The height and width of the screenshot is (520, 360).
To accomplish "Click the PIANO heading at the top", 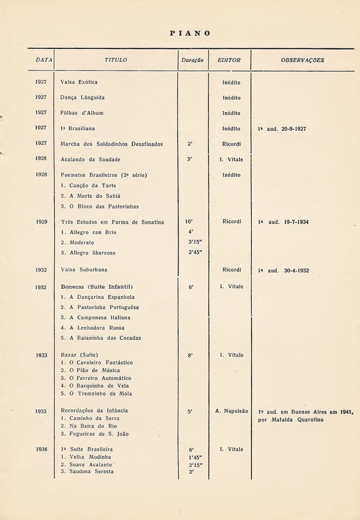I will click(190, 34).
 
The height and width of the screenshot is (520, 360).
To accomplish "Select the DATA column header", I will click(43, 60).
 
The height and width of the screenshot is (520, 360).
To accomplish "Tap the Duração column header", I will click(191, 60).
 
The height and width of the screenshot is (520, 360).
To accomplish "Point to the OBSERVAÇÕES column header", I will click(302, 60).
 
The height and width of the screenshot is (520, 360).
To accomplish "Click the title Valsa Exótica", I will click(79, 82).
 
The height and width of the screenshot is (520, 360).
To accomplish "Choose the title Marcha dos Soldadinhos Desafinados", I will click(112, 144).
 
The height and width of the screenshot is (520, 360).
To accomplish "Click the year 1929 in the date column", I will click(41, 222).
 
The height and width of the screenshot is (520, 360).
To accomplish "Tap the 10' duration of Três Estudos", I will click(190, 222).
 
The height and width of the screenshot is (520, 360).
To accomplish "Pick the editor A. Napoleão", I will click(231, 411).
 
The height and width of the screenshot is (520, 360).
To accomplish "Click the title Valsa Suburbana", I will click(84, 270).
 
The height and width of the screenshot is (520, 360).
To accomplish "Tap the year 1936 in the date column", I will click(41, 449).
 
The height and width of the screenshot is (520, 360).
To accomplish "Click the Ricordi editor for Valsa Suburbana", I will click(232, 270).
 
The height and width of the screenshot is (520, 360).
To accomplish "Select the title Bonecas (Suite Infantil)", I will click(97, 287).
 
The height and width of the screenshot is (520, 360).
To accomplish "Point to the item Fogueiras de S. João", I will click(95, 433).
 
